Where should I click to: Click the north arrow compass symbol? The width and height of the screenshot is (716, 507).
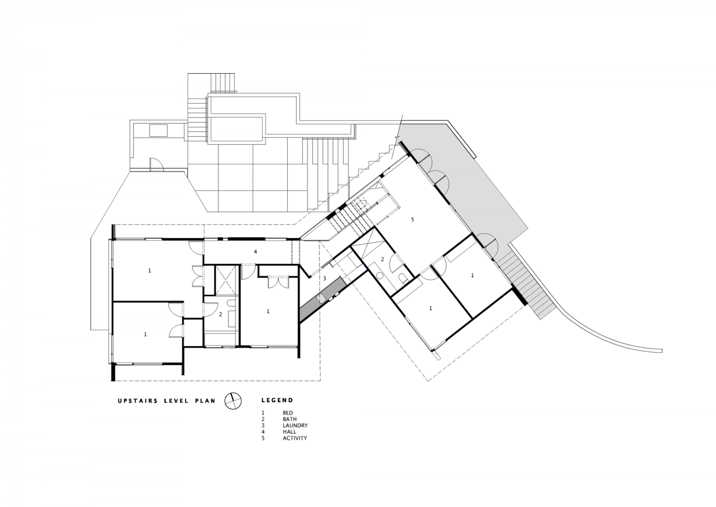pos(232,401)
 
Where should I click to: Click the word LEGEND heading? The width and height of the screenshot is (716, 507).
pos(277,400)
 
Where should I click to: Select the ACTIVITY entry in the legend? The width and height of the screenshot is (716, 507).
pos(295,438)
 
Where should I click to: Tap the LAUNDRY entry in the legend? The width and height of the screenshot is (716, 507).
pos(295,425)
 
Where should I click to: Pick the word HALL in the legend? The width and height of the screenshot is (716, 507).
pos(289,432)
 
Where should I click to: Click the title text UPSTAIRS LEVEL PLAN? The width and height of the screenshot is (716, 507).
pos(167,401)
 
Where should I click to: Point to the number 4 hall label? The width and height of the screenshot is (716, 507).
pos(255,251)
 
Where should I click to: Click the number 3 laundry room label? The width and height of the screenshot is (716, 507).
pos(324,278)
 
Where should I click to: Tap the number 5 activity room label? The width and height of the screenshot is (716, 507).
pos(412,220)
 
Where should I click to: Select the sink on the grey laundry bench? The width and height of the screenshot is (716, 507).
pos(322,299)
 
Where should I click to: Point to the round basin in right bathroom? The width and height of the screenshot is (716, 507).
pos(380,276)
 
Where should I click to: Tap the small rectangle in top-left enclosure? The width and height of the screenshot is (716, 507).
pos(158,130)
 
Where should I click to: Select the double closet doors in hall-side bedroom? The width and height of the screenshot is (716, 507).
pos(277,281)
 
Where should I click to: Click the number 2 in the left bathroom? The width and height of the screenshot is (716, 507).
pos(221,314)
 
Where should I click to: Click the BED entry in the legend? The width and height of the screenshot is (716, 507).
pos(287,413)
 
